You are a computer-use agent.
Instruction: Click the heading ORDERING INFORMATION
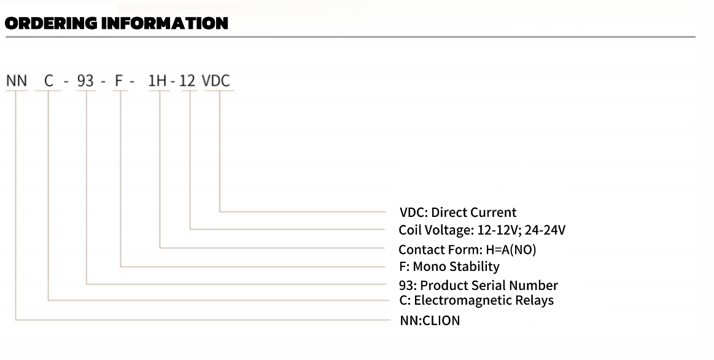click(x=117, y=23)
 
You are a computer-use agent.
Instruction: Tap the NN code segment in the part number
click(x=17, y=81)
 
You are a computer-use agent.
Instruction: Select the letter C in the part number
click(x=48, y=81)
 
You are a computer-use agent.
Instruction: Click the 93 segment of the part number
click(x=85, y=81)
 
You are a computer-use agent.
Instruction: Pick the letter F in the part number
click(x=120, y=81)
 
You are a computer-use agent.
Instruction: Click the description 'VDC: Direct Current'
click(x=458, y=213)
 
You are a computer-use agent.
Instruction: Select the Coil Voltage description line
click(x=482, y=230)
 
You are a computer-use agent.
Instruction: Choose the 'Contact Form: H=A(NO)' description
click(x=467, y=249)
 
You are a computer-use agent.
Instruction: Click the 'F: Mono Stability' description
click(x=449, y=267)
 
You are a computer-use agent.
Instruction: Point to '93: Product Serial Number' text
click(x=478, y=285)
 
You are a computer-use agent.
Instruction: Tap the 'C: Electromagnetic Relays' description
click(x=476, y=300)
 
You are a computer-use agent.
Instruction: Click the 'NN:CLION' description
click(x=430, y=320)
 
